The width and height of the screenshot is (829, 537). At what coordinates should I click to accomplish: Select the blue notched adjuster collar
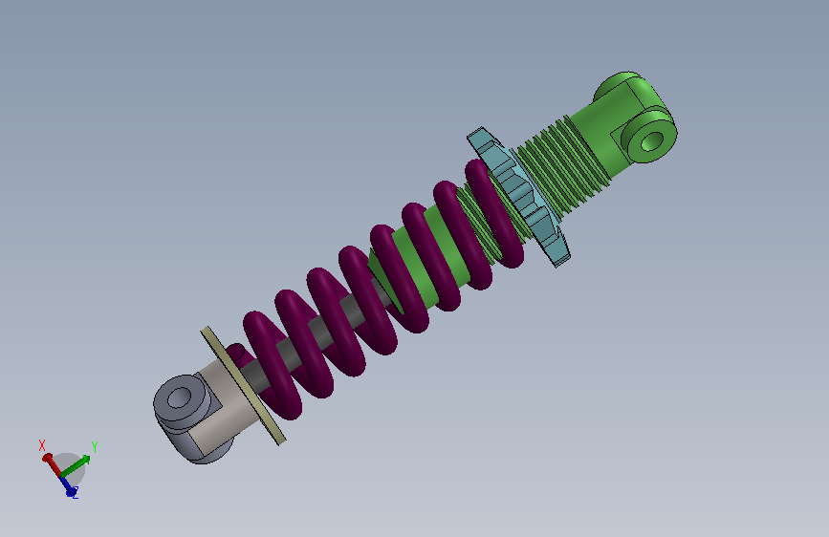click(x=521, y=197)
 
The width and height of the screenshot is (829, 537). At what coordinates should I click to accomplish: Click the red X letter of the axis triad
click(x=42, y=445)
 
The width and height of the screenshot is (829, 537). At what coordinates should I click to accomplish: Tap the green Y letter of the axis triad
click(x=95, y=446)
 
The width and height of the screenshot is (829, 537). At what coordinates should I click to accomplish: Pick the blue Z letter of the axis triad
click(x=74, y=495)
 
